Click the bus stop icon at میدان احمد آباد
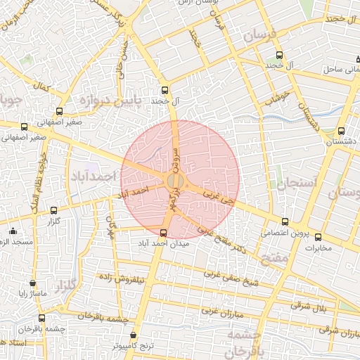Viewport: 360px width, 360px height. tap(164, 233)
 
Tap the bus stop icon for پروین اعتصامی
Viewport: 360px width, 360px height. tap(284, 222)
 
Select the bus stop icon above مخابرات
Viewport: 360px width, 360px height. tap(318, 237)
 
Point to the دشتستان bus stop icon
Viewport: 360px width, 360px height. tap(341, 131)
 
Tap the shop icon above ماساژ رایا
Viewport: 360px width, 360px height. tap(32, 283)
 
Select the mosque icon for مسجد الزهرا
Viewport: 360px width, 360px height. tap(12, 231)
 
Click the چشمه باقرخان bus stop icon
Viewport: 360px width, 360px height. tap(41, 318)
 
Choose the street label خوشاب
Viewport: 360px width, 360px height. tap(278, 96)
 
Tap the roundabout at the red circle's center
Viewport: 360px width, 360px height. tap(176, 181)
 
